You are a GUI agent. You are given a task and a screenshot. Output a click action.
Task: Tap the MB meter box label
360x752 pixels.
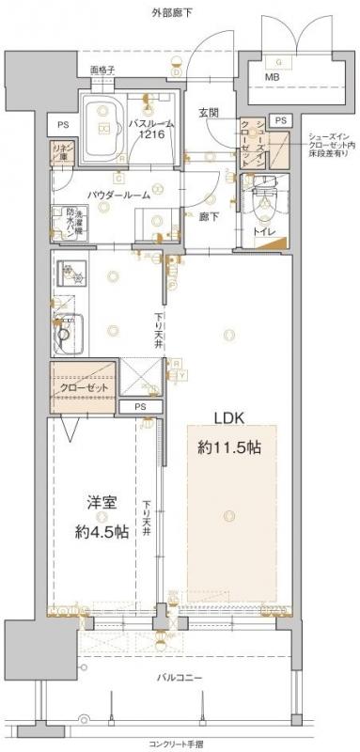[271, 76]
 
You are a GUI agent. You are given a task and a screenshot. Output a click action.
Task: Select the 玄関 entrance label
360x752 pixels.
[208, 114]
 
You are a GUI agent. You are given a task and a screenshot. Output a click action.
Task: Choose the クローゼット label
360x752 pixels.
[85, 387]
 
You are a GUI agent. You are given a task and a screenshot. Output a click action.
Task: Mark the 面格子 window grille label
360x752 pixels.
[102, 70]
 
